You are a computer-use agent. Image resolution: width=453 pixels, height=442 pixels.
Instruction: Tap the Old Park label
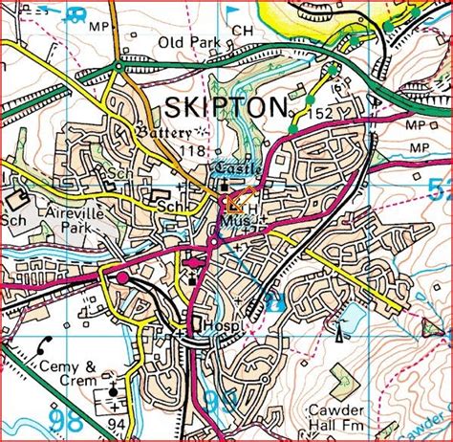[x=191, y=43]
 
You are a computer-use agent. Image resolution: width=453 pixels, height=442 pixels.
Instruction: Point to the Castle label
[x=236, y=168]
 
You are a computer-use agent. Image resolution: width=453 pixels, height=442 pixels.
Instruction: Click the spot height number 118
[x=191, y=151]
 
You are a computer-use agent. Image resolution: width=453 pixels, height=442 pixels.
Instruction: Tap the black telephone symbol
[x=44, y=343]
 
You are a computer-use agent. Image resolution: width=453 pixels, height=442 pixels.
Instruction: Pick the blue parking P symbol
[x=275, y=303]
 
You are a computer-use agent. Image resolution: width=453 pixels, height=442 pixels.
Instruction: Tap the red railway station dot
[x=121, y=277]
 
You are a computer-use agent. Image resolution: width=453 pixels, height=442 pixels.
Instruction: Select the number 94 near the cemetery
[x=117, y=423]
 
